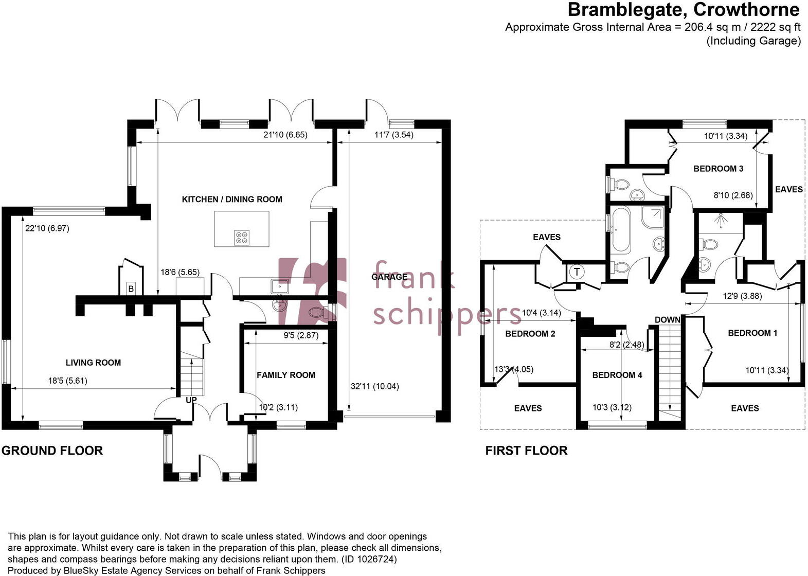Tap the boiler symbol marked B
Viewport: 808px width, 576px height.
(x=131, y=289)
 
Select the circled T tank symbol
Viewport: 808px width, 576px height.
(x=577, y=272)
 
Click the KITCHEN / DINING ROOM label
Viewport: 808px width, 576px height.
(x=232, y=200)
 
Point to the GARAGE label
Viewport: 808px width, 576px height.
(x=389, y=277)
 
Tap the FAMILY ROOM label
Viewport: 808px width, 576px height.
(x=286, y=375)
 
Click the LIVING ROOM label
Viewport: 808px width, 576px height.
(x=93, y=363)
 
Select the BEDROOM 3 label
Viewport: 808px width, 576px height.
(x=718, y=169)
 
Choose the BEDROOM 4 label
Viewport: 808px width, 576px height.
(x=617, y=375)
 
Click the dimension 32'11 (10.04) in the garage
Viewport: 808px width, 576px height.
(x=374, y=386)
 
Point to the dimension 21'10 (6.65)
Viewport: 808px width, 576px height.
(x=285, y=135)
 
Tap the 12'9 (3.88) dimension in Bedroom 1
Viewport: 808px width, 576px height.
(x=742, y=296)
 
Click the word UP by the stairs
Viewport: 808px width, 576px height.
(x=191, y=400)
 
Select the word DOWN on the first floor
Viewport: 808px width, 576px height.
(x=668, y=320)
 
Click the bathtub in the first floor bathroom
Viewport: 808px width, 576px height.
(x=620, y=230)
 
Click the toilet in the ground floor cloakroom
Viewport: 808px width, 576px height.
(x=316, y=312)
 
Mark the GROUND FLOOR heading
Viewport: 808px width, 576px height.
(x=52, y=451)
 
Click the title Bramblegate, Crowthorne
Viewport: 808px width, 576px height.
(x=684, y=9)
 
